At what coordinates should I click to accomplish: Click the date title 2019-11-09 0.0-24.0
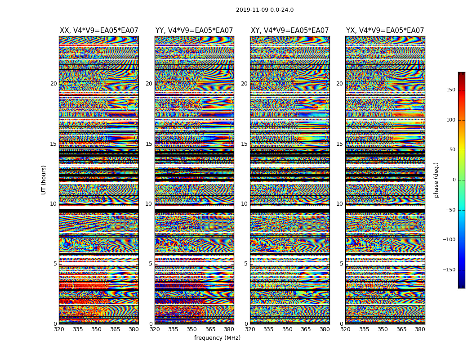tap(265, 10)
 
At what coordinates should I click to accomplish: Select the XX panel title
tap(99, 31)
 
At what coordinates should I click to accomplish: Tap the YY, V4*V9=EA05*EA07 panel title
tap(194, 31)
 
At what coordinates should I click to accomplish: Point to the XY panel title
tap(289, 31)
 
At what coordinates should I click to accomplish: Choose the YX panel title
tap(385, 31)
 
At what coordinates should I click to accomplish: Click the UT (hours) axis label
tap(44, 180)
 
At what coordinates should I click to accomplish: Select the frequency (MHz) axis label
tap(217, 338)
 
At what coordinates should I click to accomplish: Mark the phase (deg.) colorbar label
tap(436, 180)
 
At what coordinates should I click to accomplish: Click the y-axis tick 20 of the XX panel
tap(53, 84)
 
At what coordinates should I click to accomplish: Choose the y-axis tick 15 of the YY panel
tap(149, 144)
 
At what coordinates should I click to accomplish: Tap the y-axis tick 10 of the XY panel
tap(244, 204)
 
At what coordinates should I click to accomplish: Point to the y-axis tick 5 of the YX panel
tap(341, 264)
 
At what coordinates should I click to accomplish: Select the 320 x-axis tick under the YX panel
tap(345, 329)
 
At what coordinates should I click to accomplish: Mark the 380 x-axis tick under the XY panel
tap(325, 329)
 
